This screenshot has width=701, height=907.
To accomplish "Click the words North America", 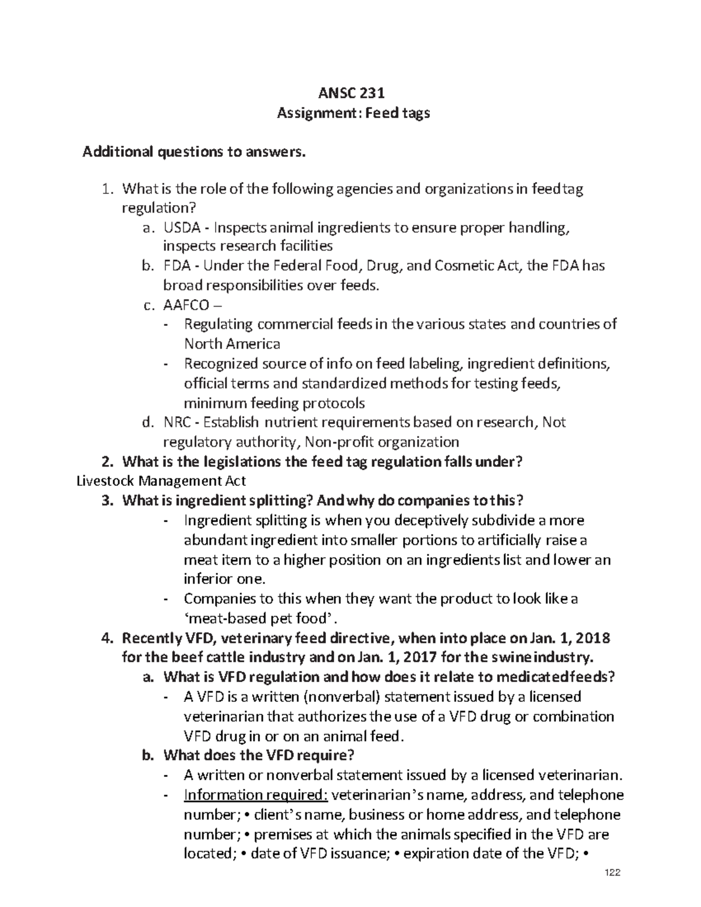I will (232, 344).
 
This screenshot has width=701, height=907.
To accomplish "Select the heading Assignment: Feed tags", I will (353, 113).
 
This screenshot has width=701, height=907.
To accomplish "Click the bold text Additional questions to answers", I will (194, 152).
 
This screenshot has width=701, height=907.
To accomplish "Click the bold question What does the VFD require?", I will (259, 755).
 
